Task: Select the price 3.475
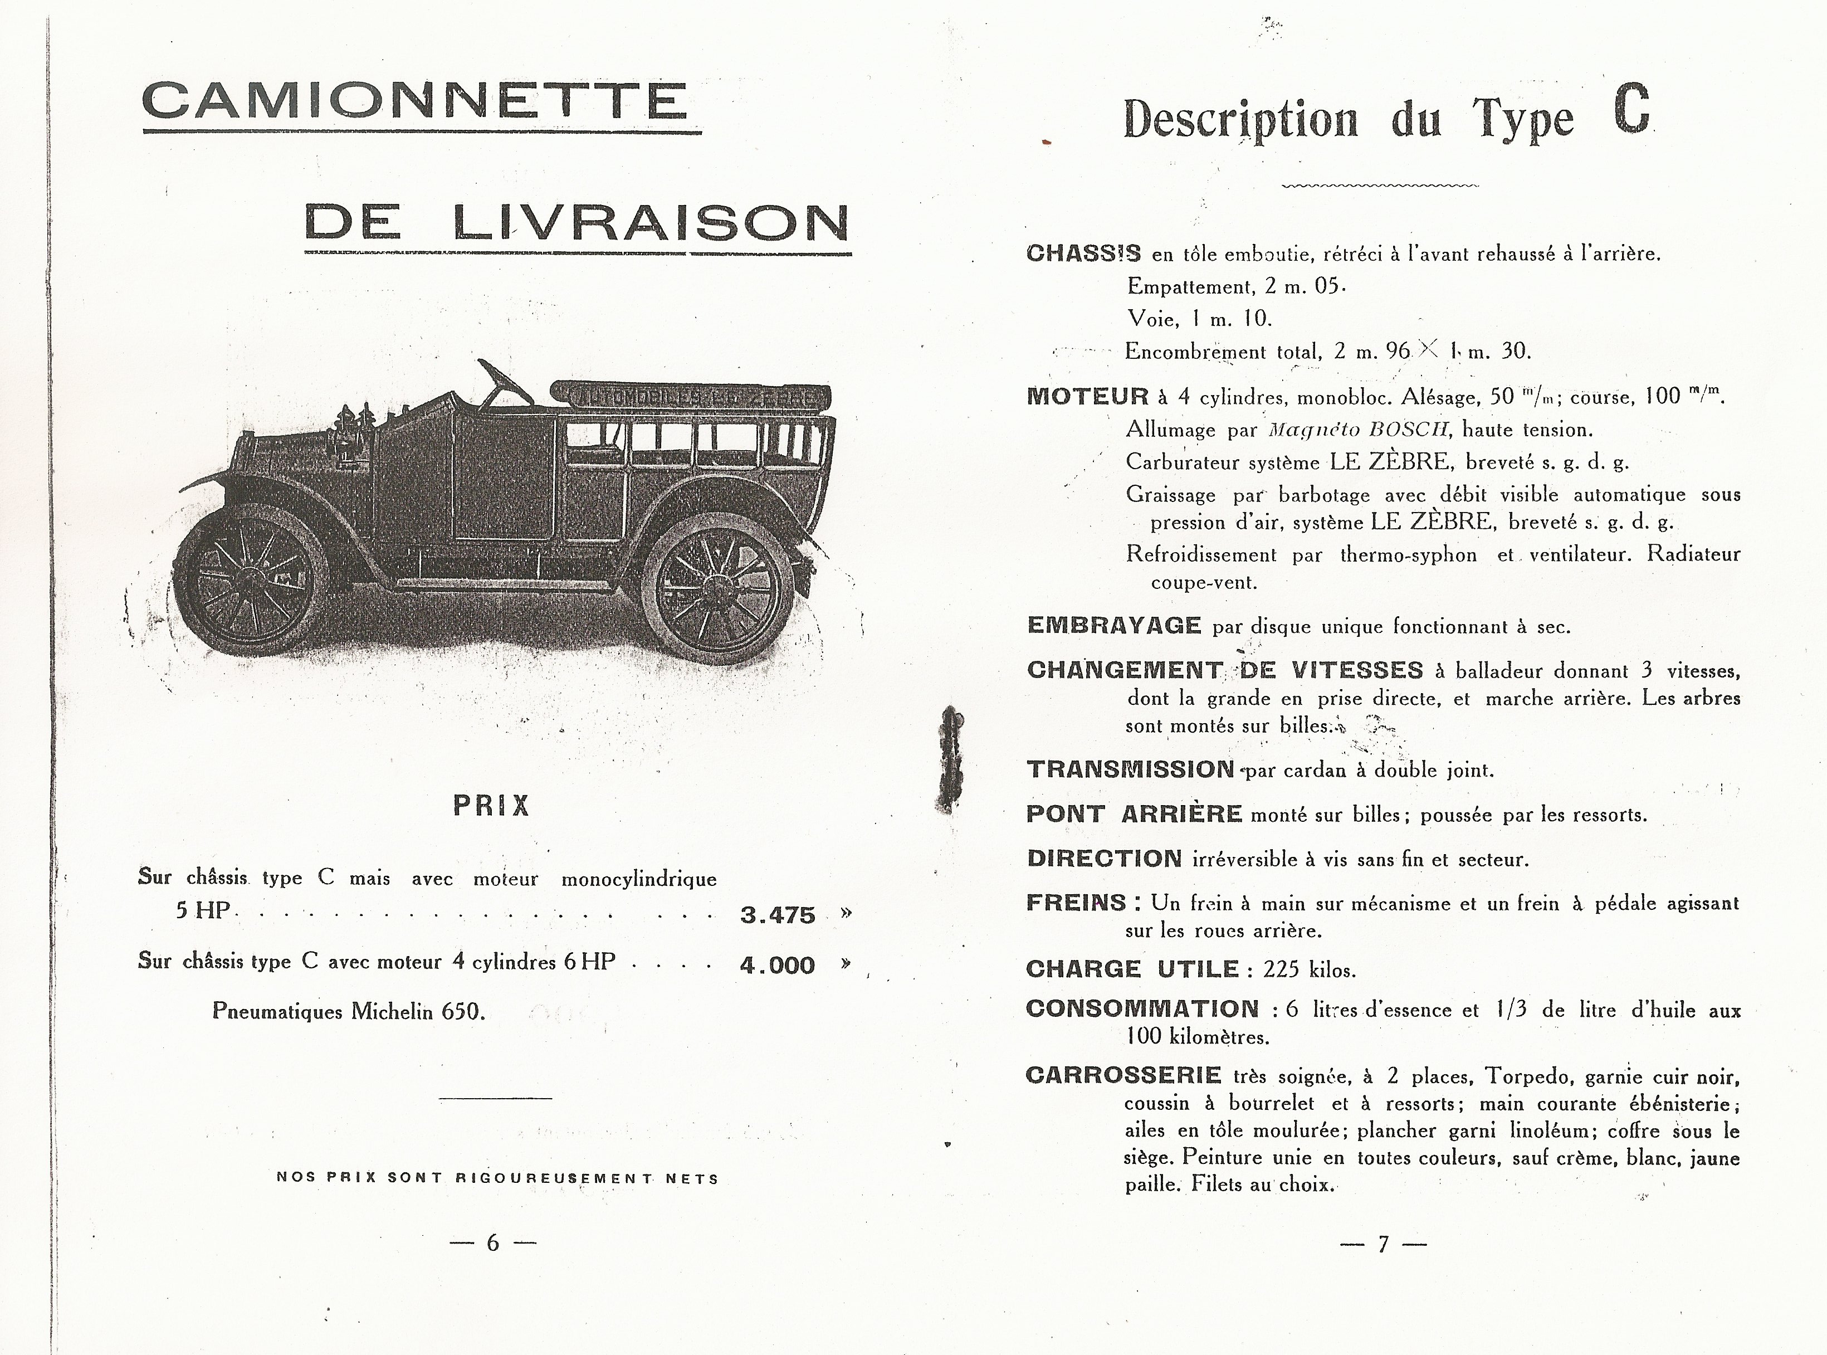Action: (778, 914)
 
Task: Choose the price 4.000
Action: (778, 966)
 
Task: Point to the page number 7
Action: (1384, 1244)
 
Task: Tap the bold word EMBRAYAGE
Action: (1113, 626)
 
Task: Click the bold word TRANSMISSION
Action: (1130, 769)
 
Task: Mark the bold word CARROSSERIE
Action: (1123, 1075)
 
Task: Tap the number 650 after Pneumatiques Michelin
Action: (460, 1011)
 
